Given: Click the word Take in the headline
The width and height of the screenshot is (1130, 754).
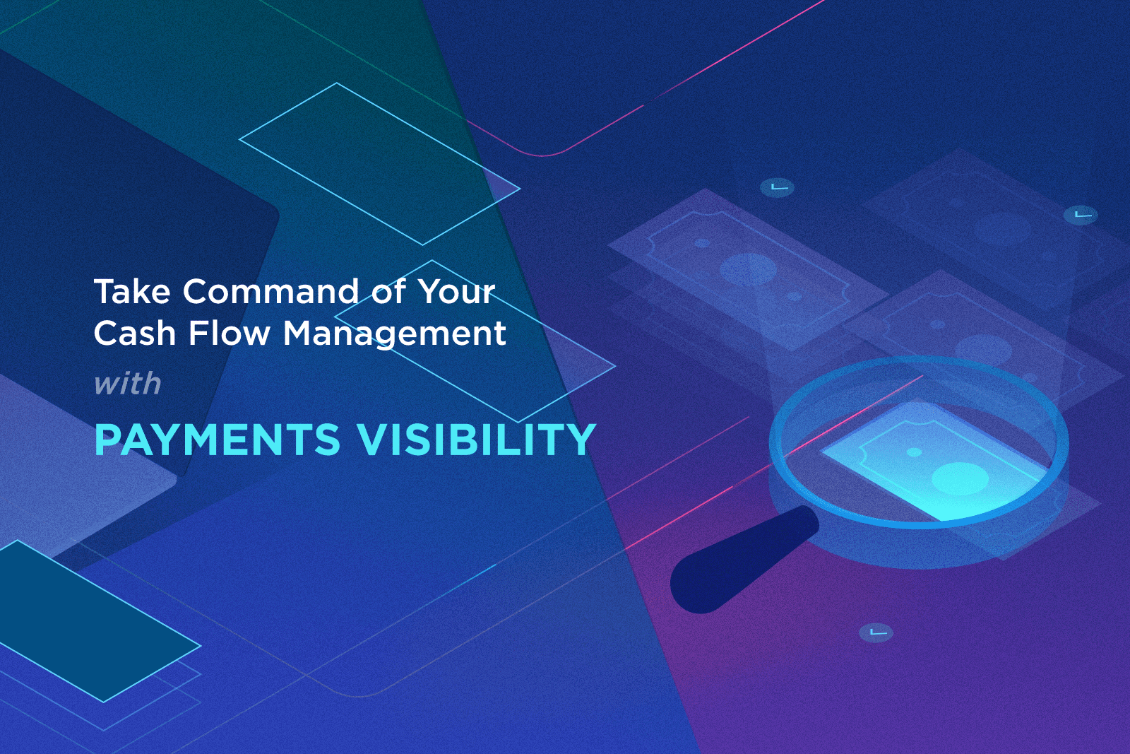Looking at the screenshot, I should [x=132, y=292].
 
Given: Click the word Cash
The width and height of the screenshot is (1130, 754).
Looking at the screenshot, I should [x=134, y=334].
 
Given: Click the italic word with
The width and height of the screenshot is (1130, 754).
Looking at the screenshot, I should [x=128, y=384].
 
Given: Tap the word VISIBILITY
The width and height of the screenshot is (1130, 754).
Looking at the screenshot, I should [x=477, y=440].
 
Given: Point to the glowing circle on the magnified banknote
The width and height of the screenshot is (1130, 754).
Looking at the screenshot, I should [x=959, y=478].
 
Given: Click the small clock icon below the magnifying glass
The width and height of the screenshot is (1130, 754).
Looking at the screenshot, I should [x=876, y=632].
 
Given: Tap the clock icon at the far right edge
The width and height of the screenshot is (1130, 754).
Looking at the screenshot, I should [x=1081, y=214].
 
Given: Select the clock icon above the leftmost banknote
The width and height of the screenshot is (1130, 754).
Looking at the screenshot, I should [x=777, y=187].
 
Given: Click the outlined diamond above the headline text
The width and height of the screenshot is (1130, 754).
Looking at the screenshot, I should [x=379, y=164].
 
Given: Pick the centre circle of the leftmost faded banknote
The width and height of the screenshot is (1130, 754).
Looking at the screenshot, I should [x=748, y=269].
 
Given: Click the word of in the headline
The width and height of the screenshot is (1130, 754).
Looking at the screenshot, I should [x=388, y=292].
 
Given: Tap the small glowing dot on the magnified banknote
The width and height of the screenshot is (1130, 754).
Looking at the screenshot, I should [x=914, y=452].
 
